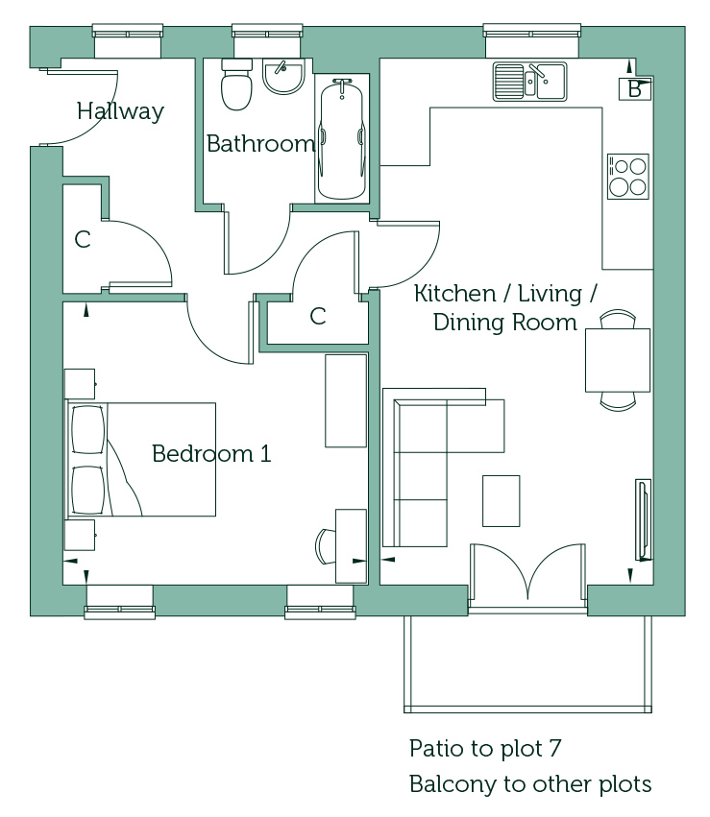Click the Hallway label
click(x=120, y=111)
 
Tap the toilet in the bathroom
click(x=236, y=84)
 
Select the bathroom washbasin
click(x=283, y=77)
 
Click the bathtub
click(x=342, y=139)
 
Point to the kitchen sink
click(x=529, y=82)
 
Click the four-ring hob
click(x=628, y=177)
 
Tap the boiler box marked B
click(x=635, y=89)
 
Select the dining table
click(x=618, y=360)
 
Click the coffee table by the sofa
click(x=501, y=501)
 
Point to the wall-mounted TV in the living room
click(x=644, y=519)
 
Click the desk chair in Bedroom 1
click(x=326, y=546)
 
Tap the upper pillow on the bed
click(x=88, y=430)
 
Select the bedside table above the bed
click(x=80, y=384)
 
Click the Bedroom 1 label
click(x=211, y=454)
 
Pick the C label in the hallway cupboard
click(x=83, y=240)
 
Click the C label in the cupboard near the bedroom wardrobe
click(x=318, y=316)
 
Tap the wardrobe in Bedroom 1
click(x=346, y=400)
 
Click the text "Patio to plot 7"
click(x=485, y=749)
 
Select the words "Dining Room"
click(x=505, y=323)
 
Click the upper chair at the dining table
click(x=618, y=319)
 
